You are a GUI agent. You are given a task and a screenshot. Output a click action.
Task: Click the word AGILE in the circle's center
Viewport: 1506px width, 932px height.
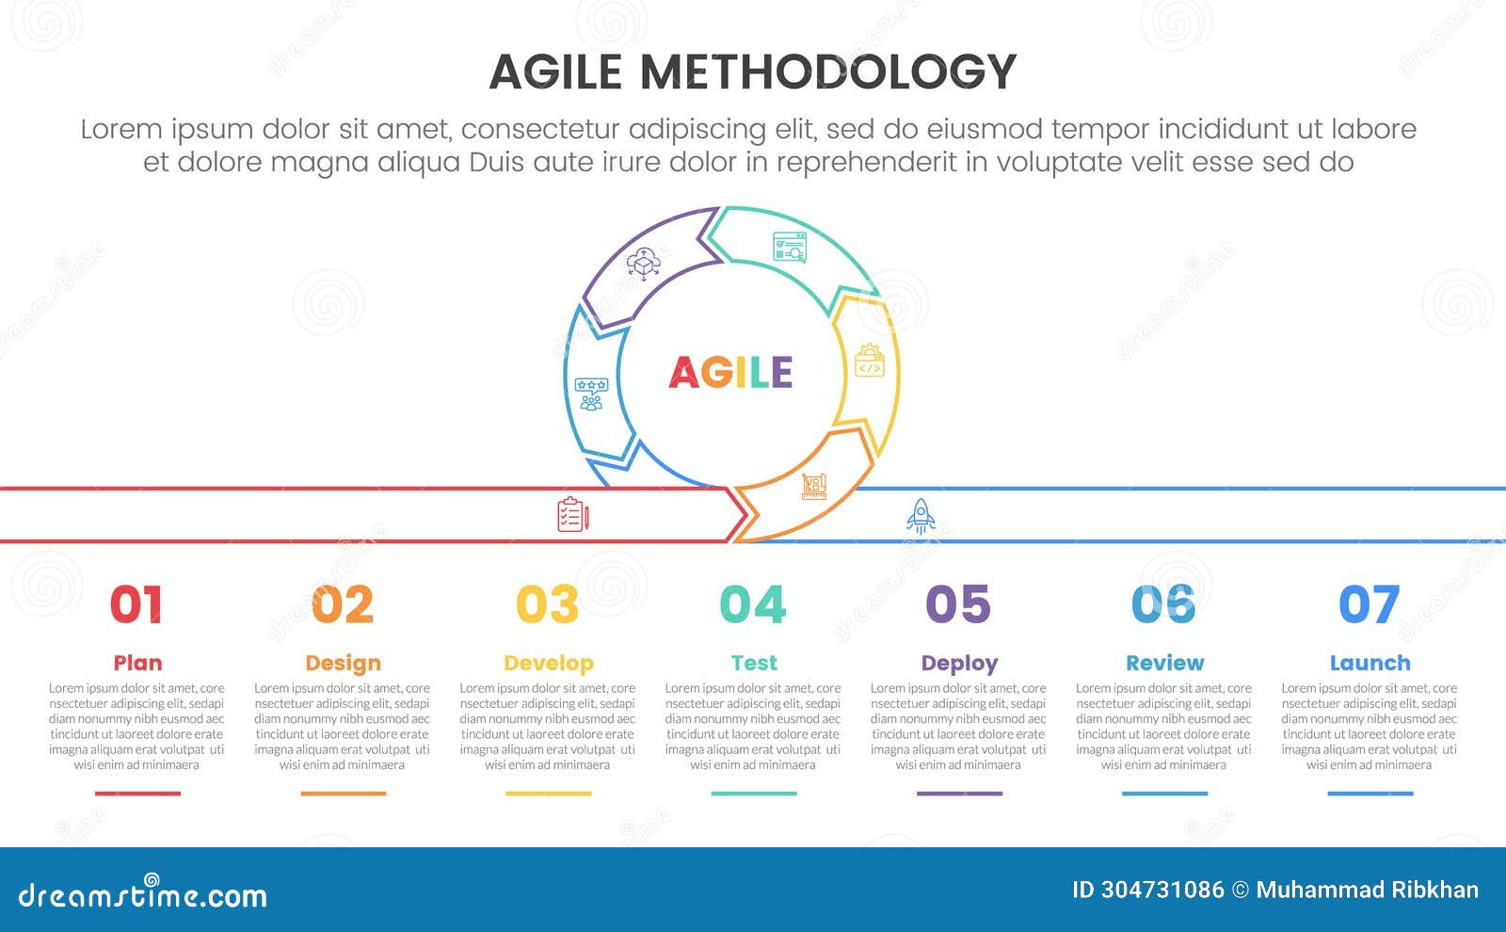click(730, 372)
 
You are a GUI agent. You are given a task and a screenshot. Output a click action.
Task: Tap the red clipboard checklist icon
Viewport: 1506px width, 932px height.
click(573, 514)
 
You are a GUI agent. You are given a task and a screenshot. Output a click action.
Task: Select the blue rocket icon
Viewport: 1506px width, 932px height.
click(921, 517)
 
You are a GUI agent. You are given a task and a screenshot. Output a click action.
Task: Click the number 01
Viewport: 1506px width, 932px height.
click(136, 603)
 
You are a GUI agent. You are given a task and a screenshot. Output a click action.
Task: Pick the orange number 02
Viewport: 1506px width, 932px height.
click(343, 603)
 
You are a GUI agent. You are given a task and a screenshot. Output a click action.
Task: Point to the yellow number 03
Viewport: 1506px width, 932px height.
click(547, 603)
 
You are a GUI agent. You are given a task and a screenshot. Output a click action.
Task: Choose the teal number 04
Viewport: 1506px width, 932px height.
click(753, 603)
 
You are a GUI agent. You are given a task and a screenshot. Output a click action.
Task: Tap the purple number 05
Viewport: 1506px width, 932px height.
click(958, 603)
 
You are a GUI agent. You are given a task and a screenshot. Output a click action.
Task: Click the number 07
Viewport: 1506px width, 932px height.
click(1369, 603)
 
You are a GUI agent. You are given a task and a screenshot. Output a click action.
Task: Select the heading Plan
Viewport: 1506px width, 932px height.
click(137, 663)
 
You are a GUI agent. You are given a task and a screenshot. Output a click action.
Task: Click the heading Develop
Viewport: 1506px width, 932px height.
click(549, 664)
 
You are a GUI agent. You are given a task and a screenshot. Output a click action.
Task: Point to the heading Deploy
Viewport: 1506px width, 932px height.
click(959, 664)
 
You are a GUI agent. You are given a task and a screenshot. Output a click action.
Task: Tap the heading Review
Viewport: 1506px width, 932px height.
click(1164, 663)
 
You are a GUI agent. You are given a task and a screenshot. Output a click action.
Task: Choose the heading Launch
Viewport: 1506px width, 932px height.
click(1370, 663)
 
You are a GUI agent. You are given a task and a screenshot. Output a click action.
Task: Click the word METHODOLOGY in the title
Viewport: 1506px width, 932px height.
click(827, 72)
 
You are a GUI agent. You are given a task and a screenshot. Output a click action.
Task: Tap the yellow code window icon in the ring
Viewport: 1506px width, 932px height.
click(870, 361)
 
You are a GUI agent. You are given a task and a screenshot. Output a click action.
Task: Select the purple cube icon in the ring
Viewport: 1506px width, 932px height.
click(644, 264)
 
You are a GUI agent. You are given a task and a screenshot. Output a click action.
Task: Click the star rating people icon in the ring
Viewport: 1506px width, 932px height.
click(591, 394)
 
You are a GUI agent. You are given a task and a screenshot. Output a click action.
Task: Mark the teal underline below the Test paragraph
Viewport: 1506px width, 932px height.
click(754, 794)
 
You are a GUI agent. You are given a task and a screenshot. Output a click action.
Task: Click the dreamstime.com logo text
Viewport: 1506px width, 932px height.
click(142, 894)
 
